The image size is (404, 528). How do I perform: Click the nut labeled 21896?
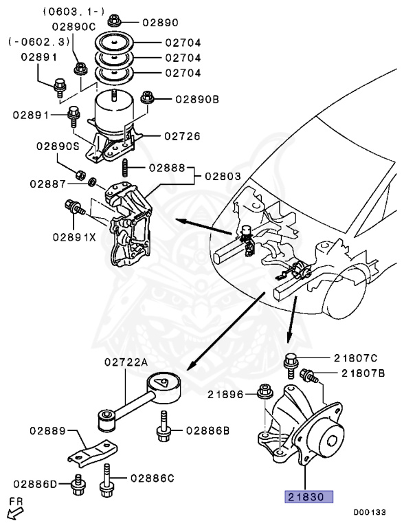pyautogui.click(x=263, y=393)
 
